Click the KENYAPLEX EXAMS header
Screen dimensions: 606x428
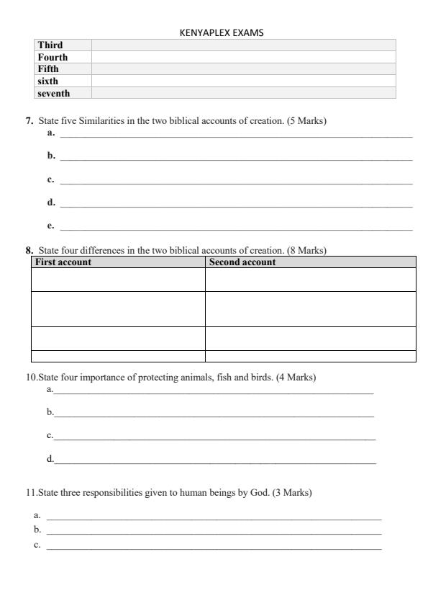tap(214, 32)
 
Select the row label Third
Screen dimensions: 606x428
tap(50, 45)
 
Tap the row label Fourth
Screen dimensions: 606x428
tap(53, 57)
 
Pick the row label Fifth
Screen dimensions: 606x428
tap(48, 69)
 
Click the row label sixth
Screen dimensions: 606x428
tap(48, 81)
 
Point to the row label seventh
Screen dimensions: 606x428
tap(53, 93)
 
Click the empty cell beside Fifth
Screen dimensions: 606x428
tap(243, 69)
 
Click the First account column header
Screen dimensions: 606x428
tap(63, 262)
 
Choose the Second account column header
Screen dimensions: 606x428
tap(242, 262)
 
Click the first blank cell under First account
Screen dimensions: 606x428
tap(118, 280)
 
